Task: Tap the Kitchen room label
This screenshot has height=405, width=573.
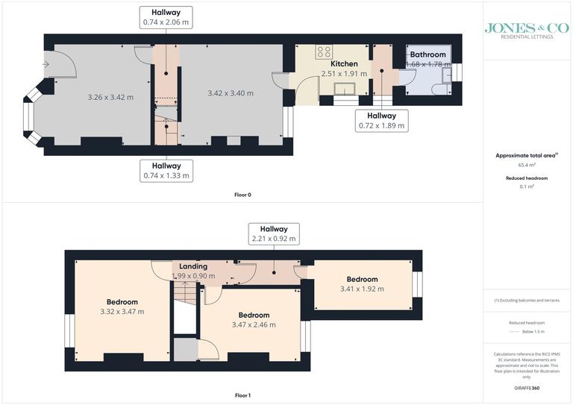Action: (x=344, y=63)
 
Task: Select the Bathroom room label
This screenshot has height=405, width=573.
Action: (x=428, y=54)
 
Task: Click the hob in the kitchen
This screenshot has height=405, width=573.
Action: (x=325, y=51)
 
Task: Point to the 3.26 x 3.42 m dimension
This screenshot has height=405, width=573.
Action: (x=105, y=97)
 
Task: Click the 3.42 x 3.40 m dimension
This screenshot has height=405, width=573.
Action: (x=230, y=93)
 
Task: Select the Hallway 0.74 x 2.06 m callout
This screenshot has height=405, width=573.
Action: (x=166, y=17)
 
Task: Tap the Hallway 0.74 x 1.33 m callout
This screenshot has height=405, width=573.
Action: (x=166, y=171)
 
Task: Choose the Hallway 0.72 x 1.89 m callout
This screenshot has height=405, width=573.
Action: (x=381, y=121)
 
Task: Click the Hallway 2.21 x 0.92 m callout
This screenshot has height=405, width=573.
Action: (x=273, y=233)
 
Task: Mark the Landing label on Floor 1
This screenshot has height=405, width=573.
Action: (x=193, y=266)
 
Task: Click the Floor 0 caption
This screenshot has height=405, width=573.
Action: (x=242, y=195)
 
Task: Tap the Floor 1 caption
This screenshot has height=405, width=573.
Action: (x=242, y=395)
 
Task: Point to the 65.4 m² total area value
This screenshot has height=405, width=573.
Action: (x=527, y=165)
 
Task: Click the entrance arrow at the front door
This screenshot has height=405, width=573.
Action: (x=46, y=65)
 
